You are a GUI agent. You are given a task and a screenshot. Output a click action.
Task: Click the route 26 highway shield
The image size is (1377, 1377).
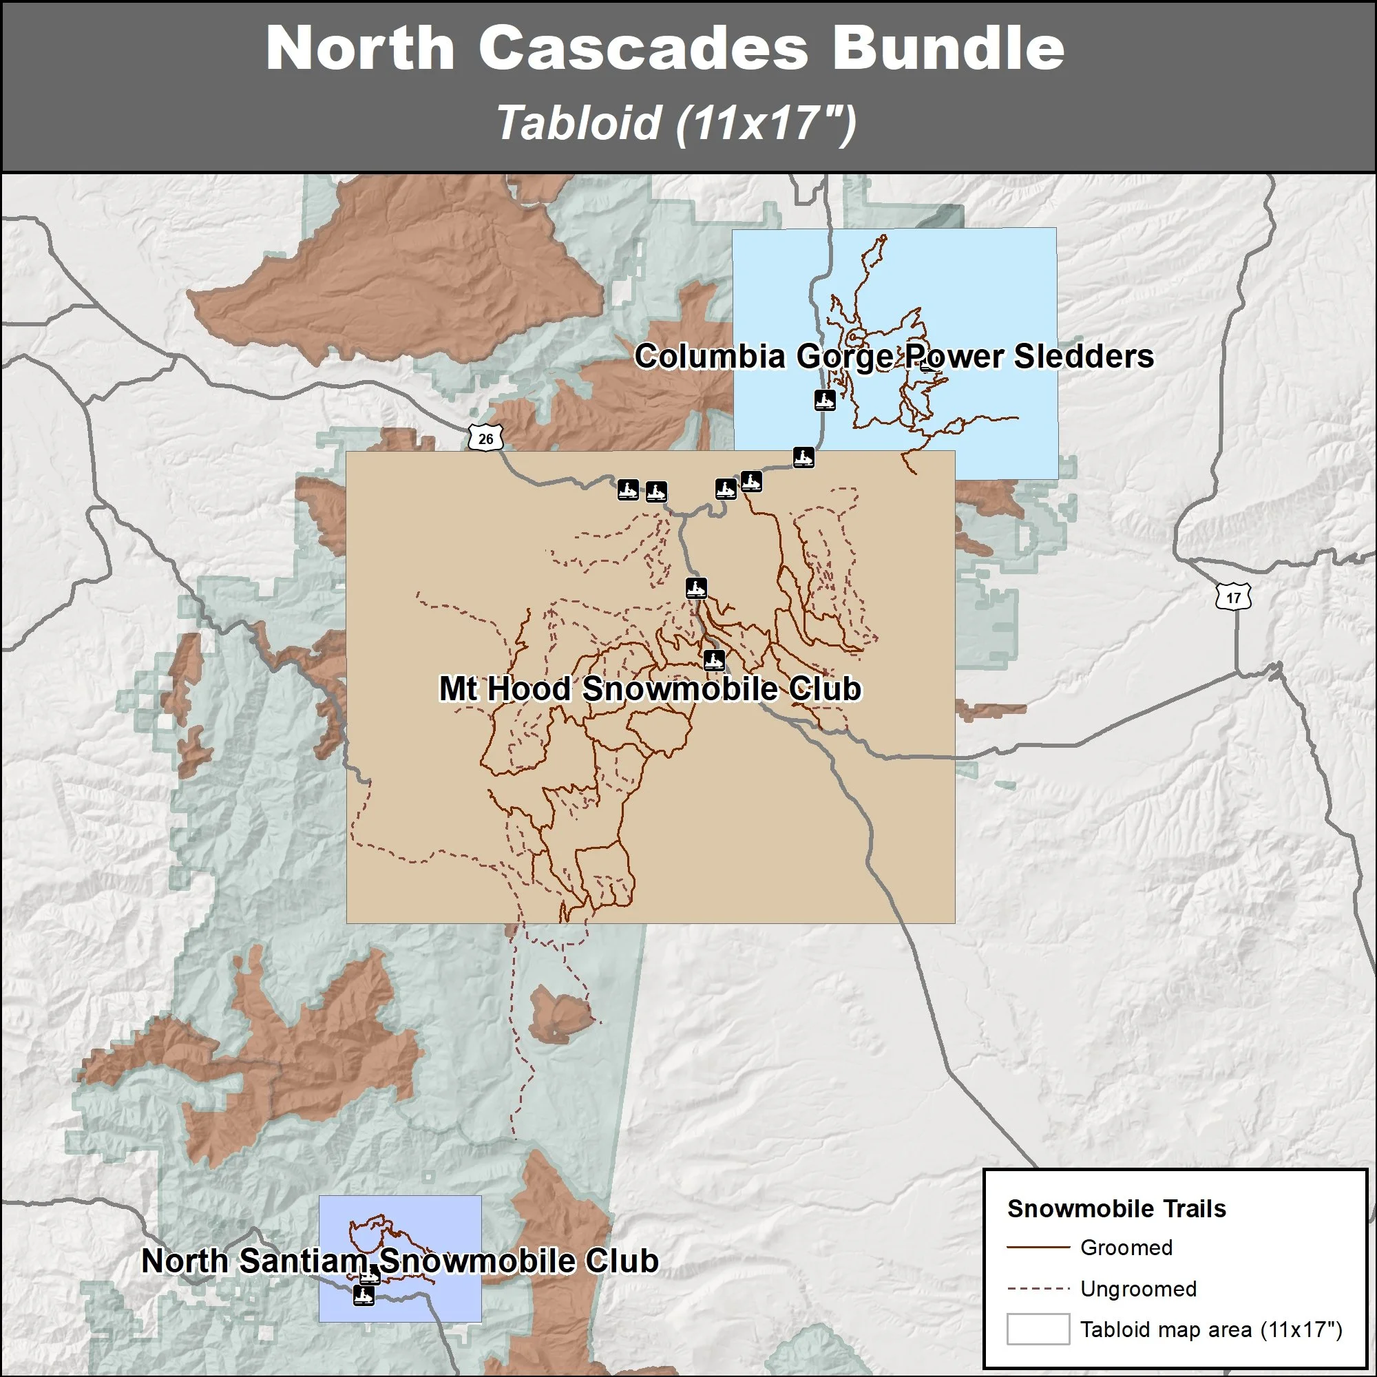485,439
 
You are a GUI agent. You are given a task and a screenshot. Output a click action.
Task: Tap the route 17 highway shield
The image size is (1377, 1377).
1234,597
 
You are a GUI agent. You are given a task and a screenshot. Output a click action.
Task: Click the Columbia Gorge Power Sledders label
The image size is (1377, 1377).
894,357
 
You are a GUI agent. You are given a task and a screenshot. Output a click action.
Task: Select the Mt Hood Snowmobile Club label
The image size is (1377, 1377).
650,688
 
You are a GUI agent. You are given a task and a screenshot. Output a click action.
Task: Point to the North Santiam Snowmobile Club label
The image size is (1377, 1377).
400,1261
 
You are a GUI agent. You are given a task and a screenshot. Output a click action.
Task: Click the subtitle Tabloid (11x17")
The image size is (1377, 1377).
675,123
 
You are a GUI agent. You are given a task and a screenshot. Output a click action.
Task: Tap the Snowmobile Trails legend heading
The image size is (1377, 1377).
1116,1209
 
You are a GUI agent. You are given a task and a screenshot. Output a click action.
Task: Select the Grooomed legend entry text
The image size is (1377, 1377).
1126,1248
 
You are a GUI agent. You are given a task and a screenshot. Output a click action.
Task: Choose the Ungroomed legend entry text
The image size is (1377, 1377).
1138,1289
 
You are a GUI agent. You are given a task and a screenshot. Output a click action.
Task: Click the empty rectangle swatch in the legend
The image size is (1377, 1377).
1038,1329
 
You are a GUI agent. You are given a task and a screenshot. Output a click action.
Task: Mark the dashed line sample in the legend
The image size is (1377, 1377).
1038,1289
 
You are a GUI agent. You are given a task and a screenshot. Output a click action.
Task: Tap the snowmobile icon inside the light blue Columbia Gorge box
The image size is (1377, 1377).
825,400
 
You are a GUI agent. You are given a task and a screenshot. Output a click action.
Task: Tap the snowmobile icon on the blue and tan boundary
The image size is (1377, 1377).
803,457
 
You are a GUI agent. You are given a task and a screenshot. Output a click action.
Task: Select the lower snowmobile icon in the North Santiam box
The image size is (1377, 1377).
364,1296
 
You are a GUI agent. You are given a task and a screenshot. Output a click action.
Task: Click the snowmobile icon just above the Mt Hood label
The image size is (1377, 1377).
713,660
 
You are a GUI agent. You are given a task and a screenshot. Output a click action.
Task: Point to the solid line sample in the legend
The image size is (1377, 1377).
1038,1248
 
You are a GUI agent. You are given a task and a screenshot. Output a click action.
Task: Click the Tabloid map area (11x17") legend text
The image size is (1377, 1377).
1211,1329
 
